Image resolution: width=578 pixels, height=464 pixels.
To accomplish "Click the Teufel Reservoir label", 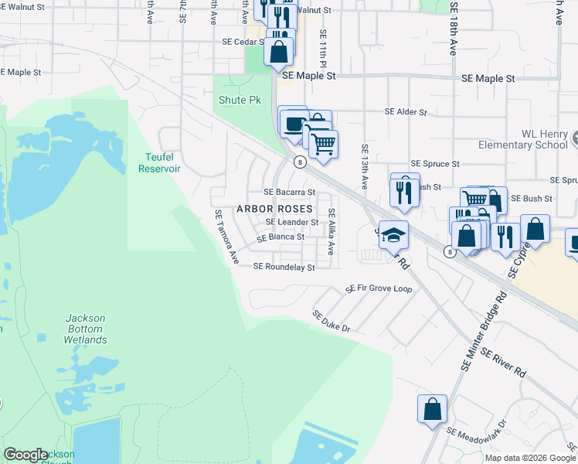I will point(158,162).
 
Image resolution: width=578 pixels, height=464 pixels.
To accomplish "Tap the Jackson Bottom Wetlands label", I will point(85,329).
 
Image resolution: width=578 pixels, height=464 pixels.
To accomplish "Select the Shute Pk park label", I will point(240,101).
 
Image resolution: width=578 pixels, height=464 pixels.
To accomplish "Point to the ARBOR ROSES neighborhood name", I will point(274,209).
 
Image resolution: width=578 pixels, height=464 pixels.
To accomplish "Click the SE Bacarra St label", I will point(290,192).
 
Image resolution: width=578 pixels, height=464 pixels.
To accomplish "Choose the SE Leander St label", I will point(292,222).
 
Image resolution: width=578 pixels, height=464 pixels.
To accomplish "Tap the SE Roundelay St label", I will point(284,267).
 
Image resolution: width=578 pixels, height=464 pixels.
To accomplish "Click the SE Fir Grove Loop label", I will point(379,288).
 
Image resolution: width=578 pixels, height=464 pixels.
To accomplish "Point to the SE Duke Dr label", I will point(331,322).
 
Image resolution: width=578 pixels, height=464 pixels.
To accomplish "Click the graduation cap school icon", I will point(393,234).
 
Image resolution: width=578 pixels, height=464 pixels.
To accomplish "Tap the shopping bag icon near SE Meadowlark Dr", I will point(433,408).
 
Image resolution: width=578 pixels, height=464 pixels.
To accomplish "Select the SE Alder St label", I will point(406,112).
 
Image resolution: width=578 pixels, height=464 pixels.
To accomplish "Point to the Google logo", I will point(25,455).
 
